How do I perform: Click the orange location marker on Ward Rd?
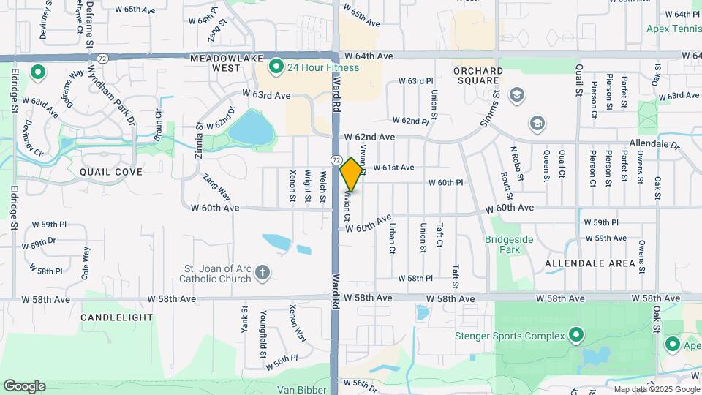click(352, 174)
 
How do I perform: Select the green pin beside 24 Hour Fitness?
click(276, 68)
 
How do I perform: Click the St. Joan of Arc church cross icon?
click(263, 274)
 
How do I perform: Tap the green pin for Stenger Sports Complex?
click(576, 336)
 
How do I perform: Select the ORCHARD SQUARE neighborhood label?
click(478, 75)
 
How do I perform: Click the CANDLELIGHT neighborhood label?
click(117, 317)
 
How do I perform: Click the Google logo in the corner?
click(24, 386)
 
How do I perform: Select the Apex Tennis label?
click(673, 29)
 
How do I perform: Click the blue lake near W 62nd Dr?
click(252, 129)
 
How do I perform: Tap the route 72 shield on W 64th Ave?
click(102, 57)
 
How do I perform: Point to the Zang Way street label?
click(216, 187)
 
